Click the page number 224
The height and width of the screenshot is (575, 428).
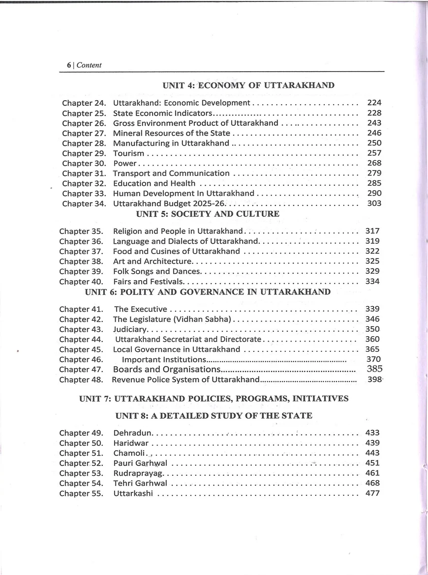click(374, 103)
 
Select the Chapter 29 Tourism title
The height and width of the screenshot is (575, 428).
click(128, 153)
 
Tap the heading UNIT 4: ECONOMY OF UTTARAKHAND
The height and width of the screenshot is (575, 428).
click(248, 85)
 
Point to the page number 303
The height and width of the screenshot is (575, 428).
click(374, 203)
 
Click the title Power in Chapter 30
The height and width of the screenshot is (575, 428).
click(124, 163)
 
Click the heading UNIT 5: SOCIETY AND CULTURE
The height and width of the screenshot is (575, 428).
click(208, 214)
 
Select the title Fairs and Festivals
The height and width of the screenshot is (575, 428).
click(148, 282)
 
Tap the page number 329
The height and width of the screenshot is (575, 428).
click(372, 271)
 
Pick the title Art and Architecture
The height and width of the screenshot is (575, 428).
click(152, 261)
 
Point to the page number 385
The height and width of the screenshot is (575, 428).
click(374, 369)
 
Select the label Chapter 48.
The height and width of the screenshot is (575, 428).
click(81, 380)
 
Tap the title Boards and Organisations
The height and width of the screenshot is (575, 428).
click(166, 370)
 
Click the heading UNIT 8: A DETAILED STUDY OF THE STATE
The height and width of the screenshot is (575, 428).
click(214, 416)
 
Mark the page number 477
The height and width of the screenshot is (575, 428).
click(372, 493)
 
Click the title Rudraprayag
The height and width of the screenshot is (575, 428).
click(137, 473)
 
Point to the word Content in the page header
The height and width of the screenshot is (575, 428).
click(89, 65)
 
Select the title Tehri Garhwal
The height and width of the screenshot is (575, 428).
click(140, 483)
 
